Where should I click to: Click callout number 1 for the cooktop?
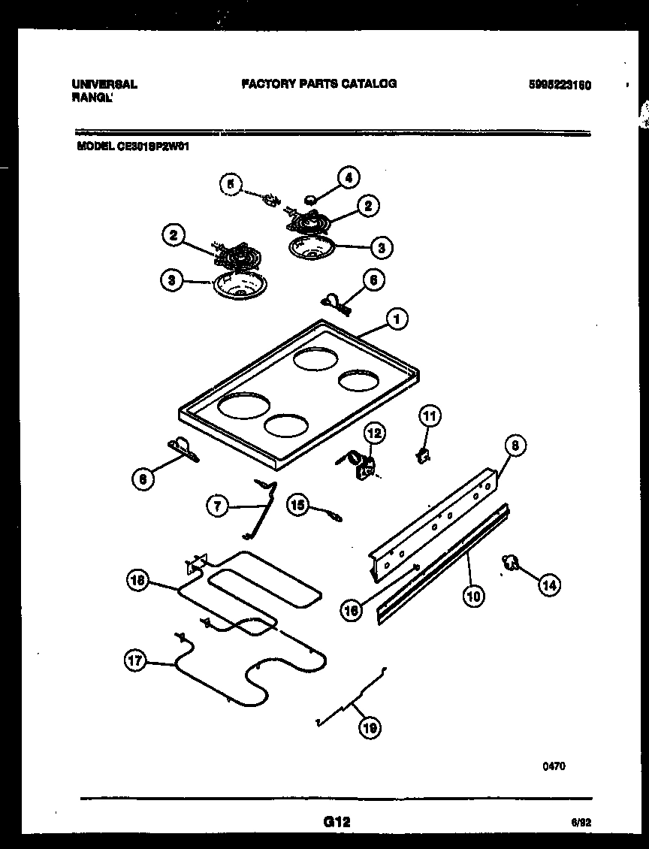397,320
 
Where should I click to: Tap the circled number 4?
347,177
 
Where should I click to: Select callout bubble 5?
231,183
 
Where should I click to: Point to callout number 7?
217,506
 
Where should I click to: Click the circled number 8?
515,446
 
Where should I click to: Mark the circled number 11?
430,416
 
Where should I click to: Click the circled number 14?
549,585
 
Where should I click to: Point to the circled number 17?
135,660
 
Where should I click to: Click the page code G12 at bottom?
337,823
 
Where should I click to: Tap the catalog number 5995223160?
560,85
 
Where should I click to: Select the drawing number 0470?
554,766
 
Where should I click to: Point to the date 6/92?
581,824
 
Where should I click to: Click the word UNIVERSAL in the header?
104,84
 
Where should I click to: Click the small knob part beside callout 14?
512,561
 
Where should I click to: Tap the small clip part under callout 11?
424,453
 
